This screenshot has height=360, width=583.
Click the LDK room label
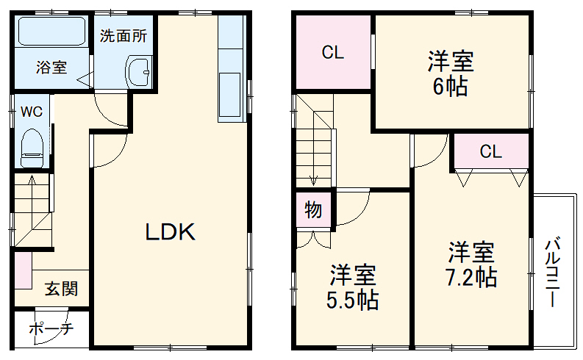(x=169, y=232)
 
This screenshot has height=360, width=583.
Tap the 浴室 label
(x=51, y=68)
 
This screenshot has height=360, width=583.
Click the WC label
(x=30, y=112)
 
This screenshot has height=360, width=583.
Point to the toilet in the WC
(x=32, y=148)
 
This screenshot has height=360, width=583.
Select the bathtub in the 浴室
(x=51, y=32)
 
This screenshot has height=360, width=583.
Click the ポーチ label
(x=51, y=329)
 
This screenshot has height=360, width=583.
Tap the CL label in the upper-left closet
(x=333, y=53)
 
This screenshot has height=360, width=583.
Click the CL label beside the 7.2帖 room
(x=490, y=151)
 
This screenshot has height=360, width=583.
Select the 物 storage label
(x=313, y=210)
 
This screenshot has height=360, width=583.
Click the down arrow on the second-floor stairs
(x=314, y=176)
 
